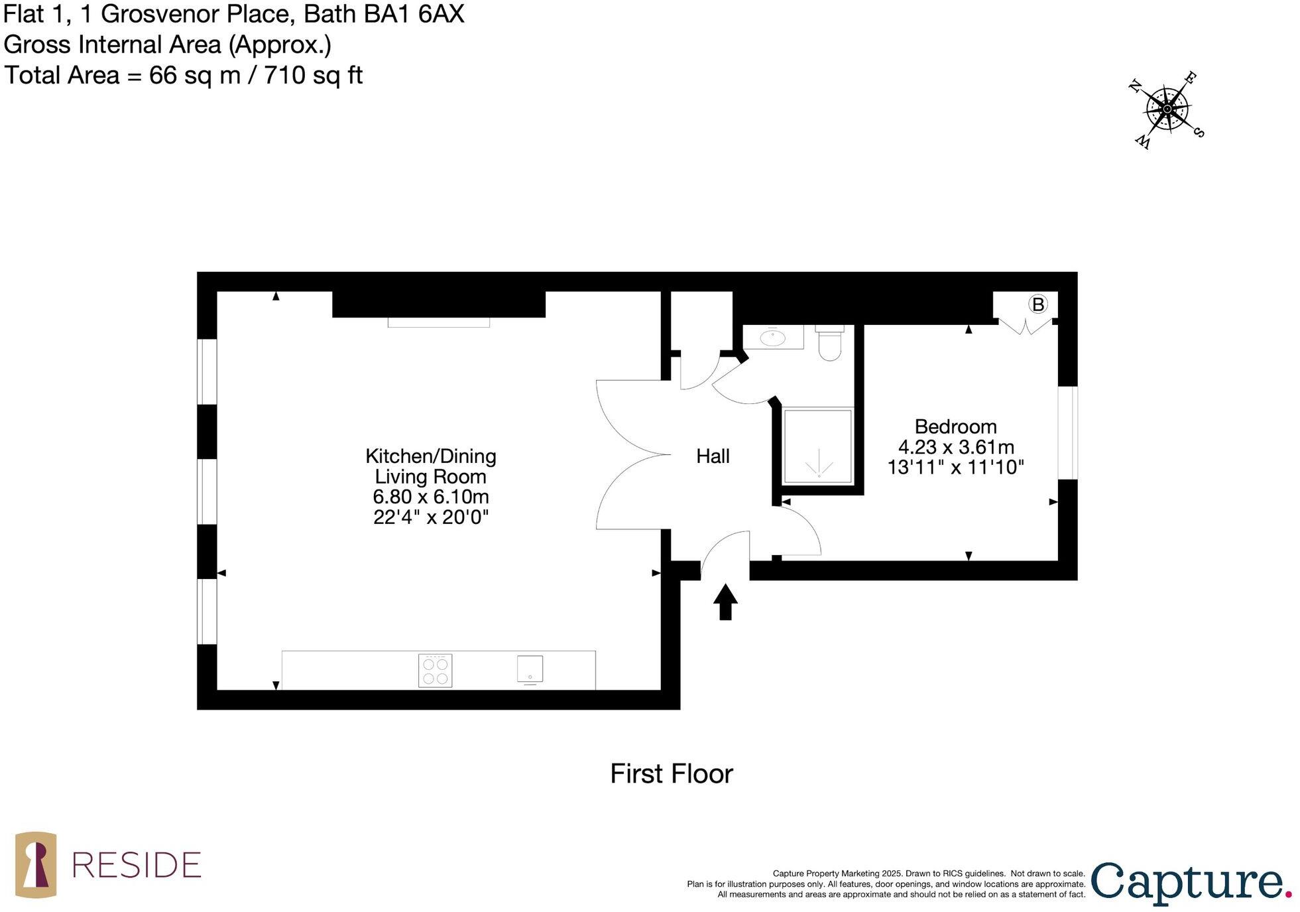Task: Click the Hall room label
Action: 712,456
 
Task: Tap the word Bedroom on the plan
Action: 955,426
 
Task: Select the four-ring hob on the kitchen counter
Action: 435,670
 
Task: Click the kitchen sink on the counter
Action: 530,669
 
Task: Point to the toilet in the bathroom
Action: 829,343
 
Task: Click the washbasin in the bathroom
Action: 772,338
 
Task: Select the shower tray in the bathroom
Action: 817,446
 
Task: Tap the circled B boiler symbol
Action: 1037,304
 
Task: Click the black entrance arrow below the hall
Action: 725,602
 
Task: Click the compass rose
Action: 1167,109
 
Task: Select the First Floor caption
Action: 671,773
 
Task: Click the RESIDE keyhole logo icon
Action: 36,864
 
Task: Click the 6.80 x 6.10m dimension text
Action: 430,496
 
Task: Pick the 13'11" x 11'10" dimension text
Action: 955,467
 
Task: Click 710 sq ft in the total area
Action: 313,75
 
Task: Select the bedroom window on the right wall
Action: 1067,432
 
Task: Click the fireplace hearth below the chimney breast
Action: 438,322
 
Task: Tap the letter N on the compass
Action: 1134,86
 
